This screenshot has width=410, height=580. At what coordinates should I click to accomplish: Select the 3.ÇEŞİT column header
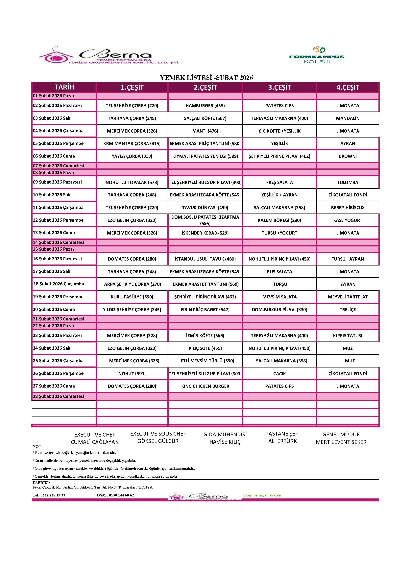tap(279, 87)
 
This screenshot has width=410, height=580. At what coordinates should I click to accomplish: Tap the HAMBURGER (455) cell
tap(205, 106)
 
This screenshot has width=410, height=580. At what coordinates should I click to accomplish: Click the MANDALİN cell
tap(348, 118)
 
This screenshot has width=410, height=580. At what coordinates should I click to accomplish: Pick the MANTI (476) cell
tap(205, 131)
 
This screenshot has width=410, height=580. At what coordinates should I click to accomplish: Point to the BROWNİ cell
tap(348, 156)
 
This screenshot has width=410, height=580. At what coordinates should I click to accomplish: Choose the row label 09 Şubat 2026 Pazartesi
tap(57, 182)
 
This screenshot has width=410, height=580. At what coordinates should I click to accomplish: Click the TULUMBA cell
tap(348, 182)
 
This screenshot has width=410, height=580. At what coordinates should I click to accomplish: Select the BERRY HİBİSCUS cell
tap(348, 208)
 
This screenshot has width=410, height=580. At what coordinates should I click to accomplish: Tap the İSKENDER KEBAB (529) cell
tap(205, 233)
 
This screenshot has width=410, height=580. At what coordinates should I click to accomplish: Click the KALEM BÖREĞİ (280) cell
tap(279, 220)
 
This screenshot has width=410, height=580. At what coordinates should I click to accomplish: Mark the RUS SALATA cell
tap(279, 272)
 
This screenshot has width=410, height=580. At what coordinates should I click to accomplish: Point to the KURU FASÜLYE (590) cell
tap(132, 297)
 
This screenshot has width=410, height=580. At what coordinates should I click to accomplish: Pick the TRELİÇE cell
tap(348, 310)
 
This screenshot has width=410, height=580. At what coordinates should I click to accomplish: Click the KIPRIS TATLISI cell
tap(348, 336)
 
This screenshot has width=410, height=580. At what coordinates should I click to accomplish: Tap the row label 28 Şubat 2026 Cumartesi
tap(58, 396)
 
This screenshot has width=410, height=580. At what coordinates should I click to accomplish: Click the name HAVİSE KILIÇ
tap(225, 442)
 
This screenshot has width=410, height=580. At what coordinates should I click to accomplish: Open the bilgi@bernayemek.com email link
tap(262, 495)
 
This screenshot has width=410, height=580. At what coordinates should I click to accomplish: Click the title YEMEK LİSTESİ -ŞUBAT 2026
tap(206, 78)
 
